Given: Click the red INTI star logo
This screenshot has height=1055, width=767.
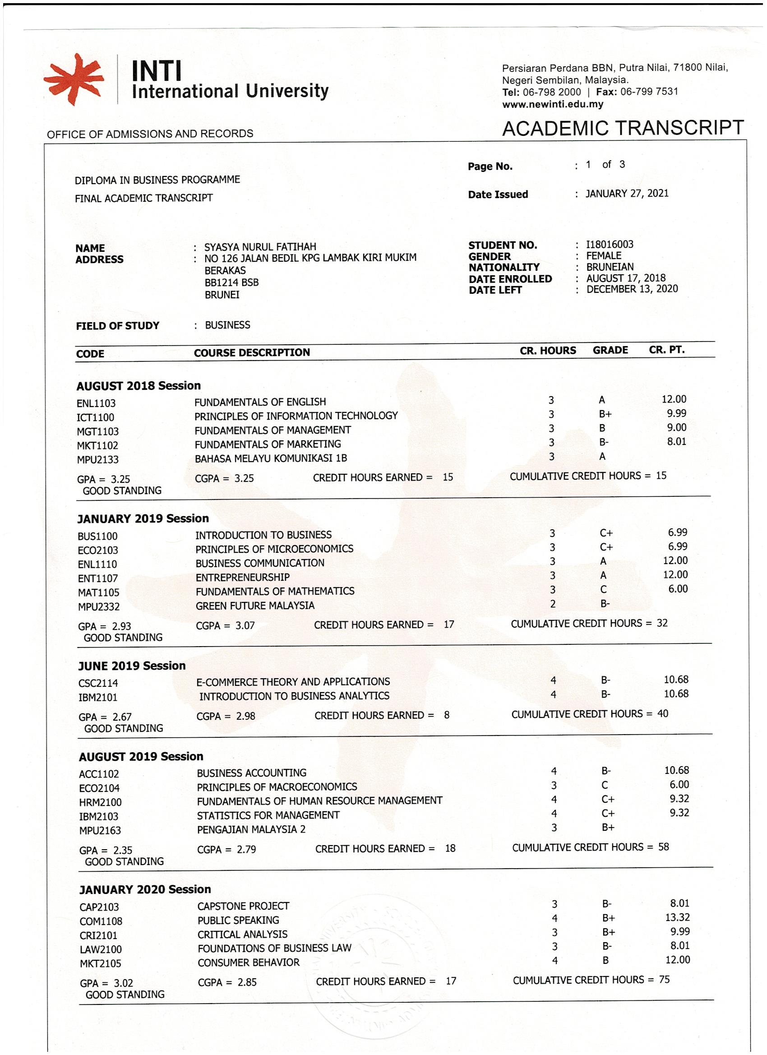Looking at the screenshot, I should (74, 79).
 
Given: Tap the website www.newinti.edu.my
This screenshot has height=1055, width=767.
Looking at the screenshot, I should (553, 104).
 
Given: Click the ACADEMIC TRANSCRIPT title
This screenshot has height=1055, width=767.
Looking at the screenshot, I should (623, 128).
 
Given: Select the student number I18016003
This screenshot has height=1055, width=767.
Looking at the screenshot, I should (610, 245).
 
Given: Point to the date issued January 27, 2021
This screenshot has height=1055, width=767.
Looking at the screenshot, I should (627, 194).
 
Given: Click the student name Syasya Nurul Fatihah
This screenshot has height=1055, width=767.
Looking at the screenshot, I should (260, 247).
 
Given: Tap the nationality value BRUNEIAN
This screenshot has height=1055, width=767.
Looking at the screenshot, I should (610, 267).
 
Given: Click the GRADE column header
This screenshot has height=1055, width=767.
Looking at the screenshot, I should (610, 350).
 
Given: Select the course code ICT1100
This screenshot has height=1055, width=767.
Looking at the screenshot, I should (95, 418).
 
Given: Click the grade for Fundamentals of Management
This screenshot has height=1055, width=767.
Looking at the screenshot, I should (602, 428).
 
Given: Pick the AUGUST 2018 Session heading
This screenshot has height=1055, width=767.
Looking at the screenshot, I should (138, 386).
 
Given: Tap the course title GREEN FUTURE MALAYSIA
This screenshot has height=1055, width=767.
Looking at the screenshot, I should (255, 606).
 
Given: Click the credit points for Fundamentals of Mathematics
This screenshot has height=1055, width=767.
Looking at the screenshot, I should (678, 589).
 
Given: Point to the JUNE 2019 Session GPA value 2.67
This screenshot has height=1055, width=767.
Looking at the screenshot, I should (122, 717).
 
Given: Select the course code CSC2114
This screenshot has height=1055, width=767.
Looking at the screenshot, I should (98, 683).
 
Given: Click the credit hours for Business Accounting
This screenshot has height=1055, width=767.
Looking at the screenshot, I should (554, 771).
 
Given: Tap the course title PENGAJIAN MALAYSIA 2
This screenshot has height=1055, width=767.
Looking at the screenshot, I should (251, 829).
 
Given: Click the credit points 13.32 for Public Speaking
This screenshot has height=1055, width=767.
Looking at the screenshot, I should (677, 917).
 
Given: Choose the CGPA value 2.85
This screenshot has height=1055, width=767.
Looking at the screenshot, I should (247, 982).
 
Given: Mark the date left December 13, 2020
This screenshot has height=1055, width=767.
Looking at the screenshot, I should (632, 289).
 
